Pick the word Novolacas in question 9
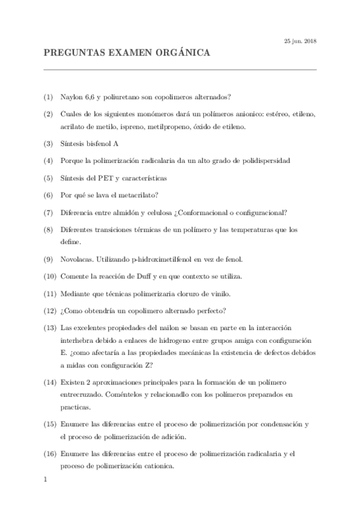(78, 259)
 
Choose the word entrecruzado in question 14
(84, 394)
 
